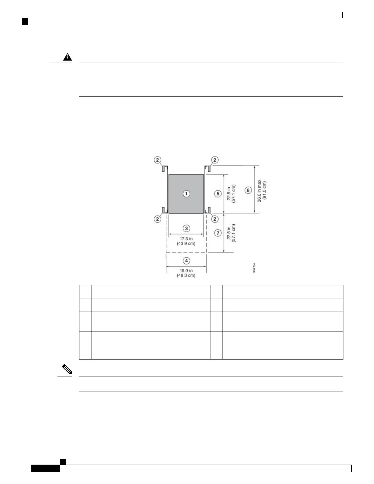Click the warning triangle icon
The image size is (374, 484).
[x=68, y=57]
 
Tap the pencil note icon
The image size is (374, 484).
[x=68, y=370]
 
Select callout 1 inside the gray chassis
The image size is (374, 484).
[x=186, y=193]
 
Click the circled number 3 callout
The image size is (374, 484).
[x=186, y=228]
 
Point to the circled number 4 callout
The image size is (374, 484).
[x=186, y=261]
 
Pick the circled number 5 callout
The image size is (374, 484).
[x=218, y=193]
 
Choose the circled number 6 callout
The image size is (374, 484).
[x=248, y=190]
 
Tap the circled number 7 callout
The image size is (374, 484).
[x=218, y=233]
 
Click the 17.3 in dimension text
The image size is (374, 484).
[x=186, y=239]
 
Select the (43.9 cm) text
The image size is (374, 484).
[x=186, y=244]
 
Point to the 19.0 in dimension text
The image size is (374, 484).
[x=186, y=270]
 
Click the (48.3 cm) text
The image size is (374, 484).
[x=186, y=275]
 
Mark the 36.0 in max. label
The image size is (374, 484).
[x=259, y=190]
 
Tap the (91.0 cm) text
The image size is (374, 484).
[x=265, y=190]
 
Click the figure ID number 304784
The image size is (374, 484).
[x=254, y=268]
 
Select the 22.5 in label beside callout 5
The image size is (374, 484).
[x=229, y=193]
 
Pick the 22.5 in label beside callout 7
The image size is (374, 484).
[x=229, y=233]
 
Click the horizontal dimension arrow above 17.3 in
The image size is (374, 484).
[x=186, y=234]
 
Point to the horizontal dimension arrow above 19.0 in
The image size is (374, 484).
[x=186, y=266]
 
